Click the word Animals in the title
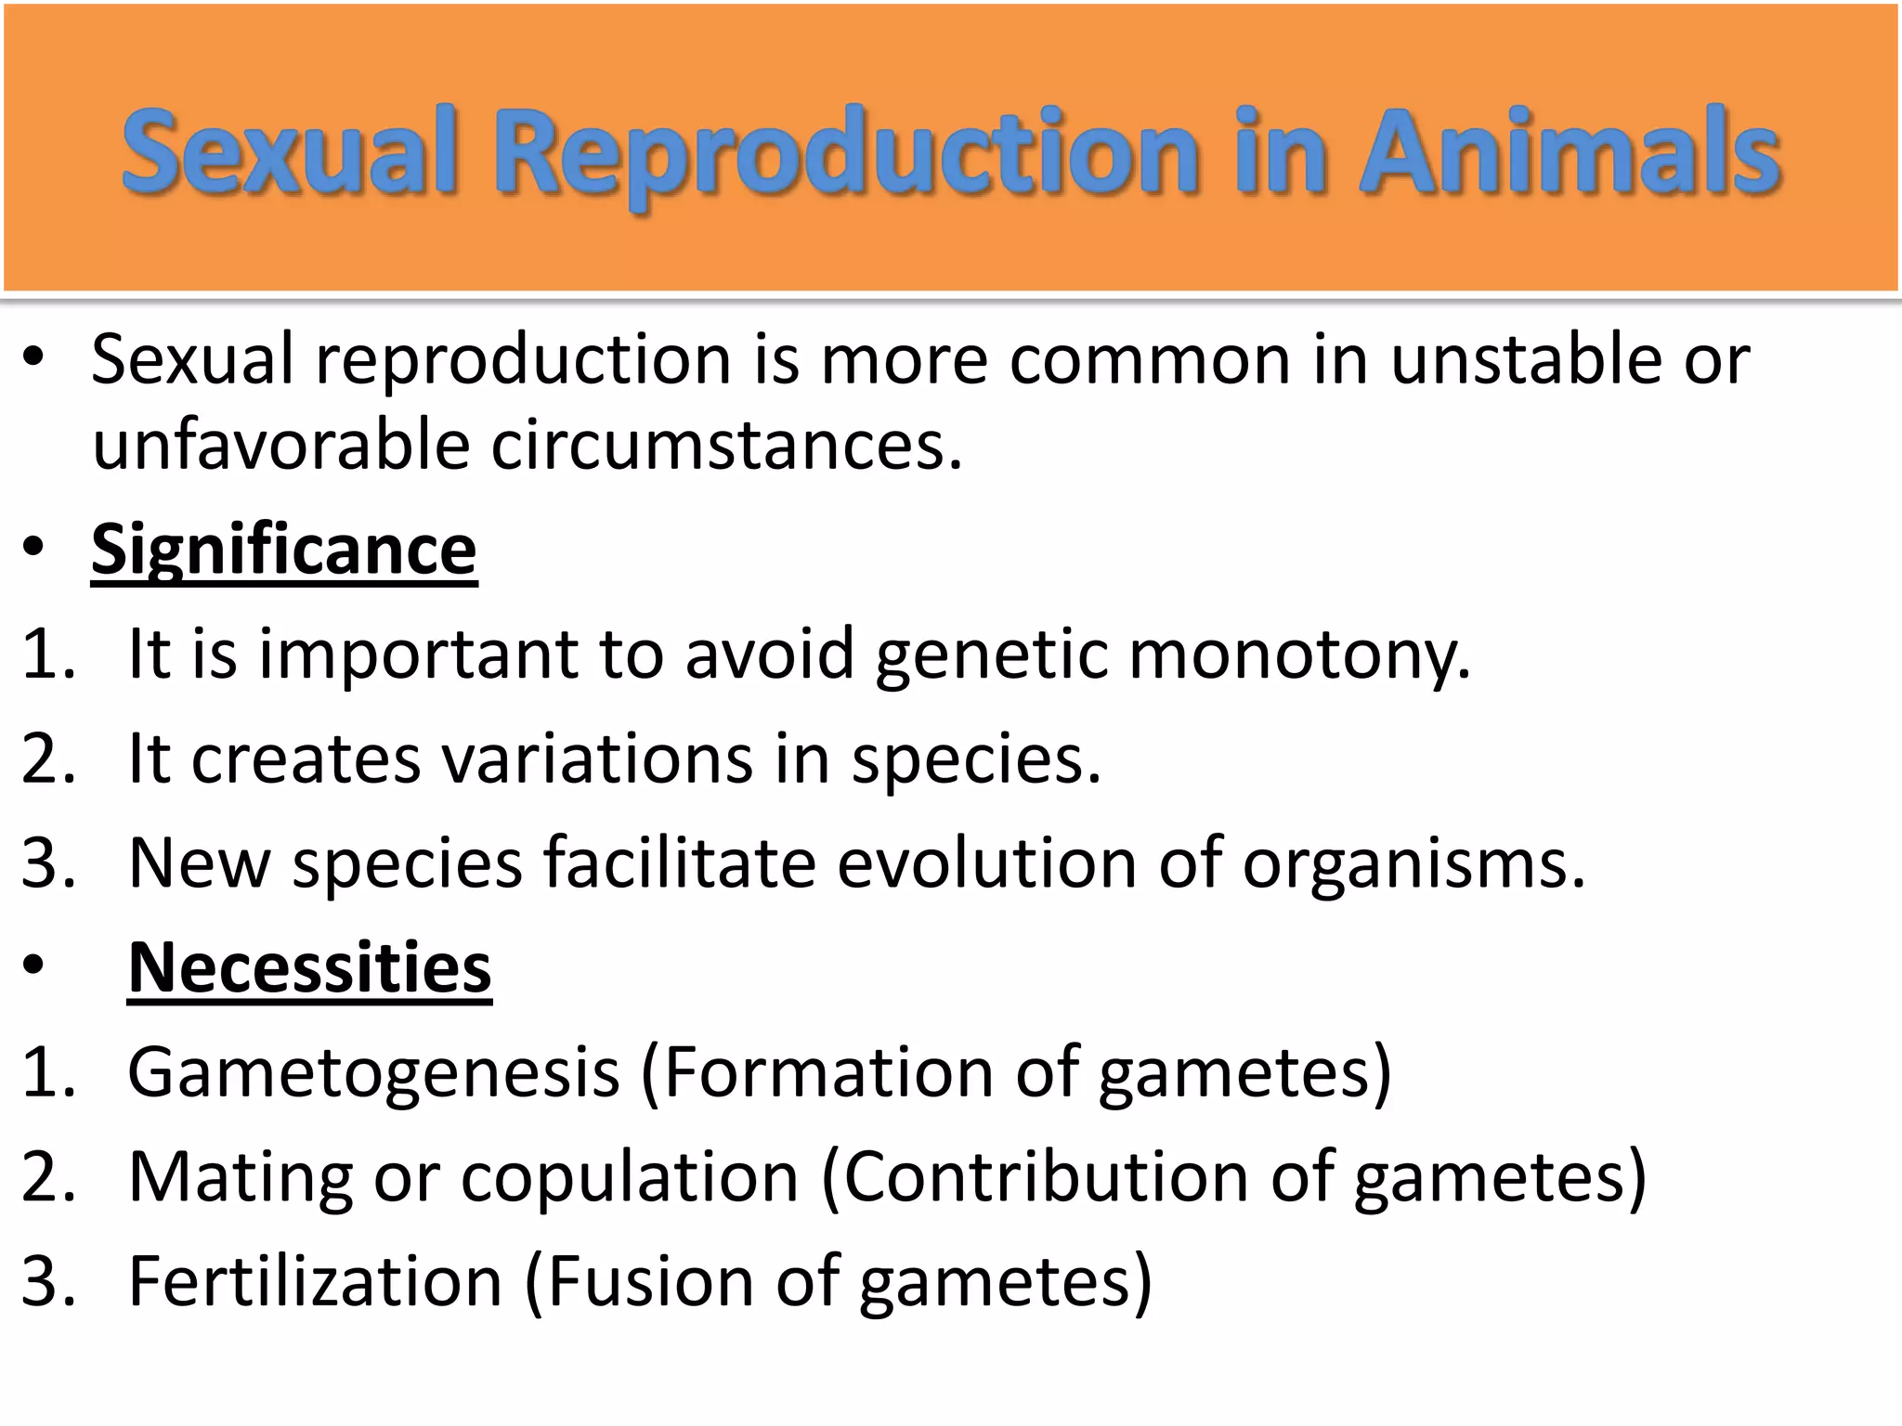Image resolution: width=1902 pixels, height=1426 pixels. pos(1570,151)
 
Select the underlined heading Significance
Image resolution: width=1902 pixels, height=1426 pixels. pos(284,551)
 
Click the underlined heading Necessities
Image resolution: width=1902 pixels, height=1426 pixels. pos(309,967)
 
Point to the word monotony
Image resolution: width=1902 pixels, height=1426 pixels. pos(1299,655)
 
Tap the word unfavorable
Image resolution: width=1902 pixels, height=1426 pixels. pos(281,446)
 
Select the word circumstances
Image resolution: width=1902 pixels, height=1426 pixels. pos(726,446)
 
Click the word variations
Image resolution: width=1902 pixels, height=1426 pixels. pos(597,759)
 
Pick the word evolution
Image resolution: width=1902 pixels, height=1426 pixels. pos(986,863)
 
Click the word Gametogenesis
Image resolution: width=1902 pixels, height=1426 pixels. pos(373,1072)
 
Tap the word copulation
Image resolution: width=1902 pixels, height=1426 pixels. pos(630,1177)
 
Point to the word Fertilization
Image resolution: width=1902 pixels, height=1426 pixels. pos(315,1281)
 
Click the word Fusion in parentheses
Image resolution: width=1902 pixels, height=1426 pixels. pos(640,1281)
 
